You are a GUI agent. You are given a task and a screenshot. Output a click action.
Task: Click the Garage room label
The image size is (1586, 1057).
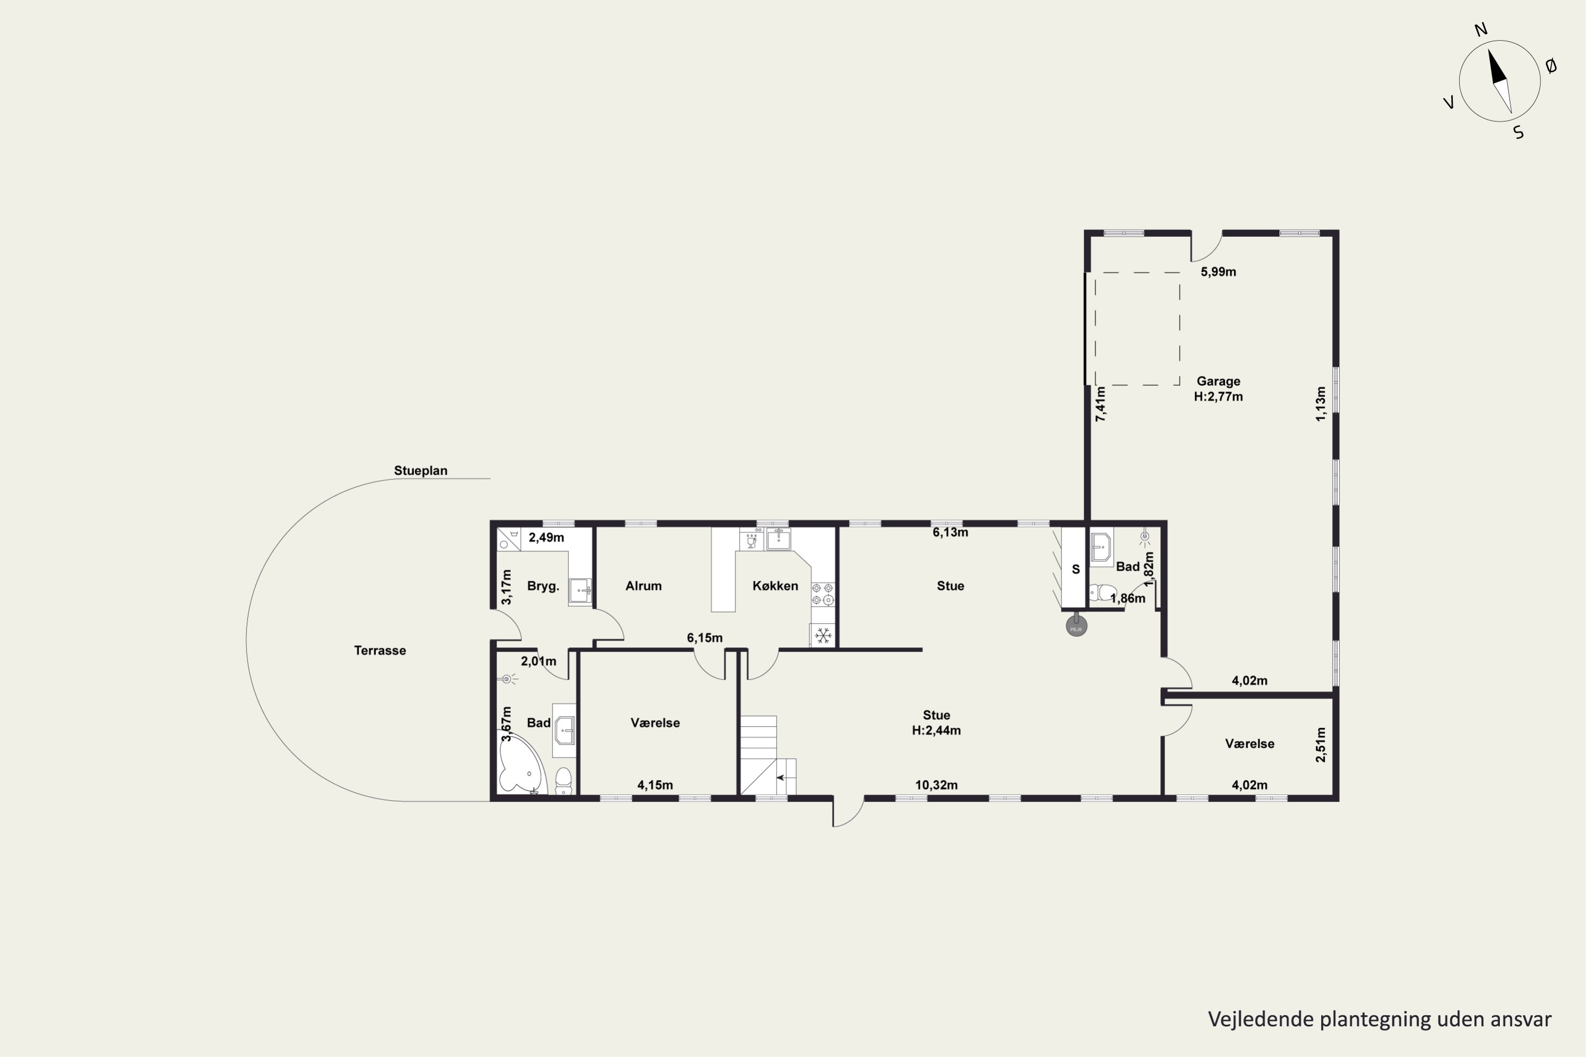[x=1218, y=381]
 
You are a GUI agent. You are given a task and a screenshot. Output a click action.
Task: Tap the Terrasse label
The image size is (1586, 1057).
[x=380, y=651]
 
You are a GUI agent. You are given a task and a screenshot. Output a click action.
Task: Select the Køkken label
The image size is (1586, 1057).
[x=775, y=586]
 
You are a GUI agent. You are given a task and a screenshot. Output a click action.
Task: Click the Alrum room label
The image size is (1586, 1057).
[x=643, y=586]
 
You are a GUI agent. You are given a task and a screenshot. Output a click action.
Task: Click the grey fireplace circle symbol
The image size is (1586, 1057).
[x=1076, y=626]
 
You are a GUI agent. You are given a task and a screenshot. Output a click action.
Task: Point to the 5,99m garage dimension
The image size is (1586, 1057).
[x=1218, y=272]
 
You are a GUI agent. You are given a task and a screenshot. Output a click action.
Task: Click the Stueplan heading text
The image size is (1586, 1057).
[x=421, y=470]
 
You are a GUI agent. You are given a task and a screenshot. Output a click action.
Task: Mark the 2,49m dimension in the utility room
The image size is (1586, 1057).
[x=546, y=537]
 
